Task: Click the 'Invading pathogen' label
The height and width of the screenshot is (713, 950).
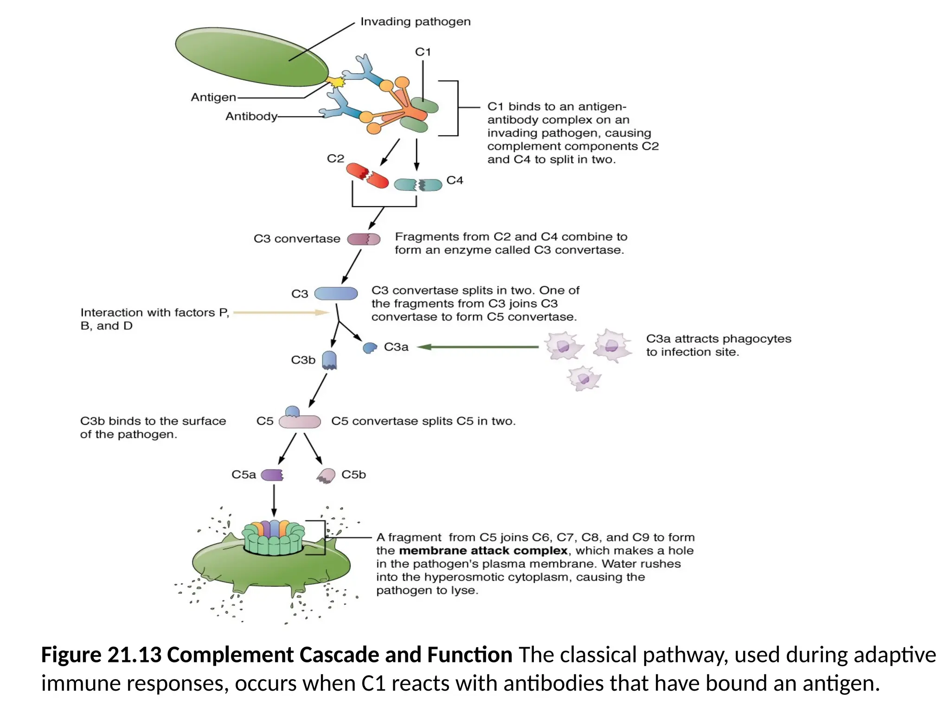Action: [415, 22]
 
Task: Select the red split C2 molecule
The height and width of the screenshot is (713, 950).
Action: [367, 175]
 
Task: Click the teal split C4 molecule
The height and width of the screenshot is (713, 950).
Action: [418, 185]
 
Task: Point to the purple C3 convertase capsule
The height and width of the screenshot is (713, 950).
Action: [364, 239]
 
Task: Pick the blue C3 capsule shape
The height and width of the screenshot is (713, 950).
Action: [336, 293]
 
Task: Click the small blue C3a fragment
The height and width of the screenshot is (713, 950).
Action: [370, 348]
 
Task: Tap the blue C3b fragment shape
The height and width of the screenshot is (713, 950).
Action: [329, 360]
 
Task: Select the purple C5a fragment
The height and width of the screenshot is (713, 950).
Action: [272, 475]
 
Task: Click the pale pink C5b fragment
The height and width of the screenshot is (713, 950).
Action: [327, 475]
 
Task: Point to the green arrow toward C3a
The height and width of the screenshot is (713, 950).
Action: [478, 347]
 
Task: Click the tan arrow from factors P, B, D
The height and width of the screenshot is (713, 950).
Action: [281, 312]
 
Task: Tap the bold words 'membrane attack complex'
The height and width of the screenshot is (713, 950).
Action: [483, 551]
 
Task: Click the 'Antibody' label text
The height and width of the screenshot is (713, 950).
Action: [251, 117]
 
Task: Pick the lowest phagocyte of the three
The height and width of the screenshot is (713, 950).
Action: [584, 378]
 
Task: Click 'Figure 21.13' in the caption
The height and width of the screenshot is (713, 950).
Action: [101, 655]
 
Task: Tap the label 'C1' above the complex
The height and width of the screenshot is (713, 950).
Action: [423, 52]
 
